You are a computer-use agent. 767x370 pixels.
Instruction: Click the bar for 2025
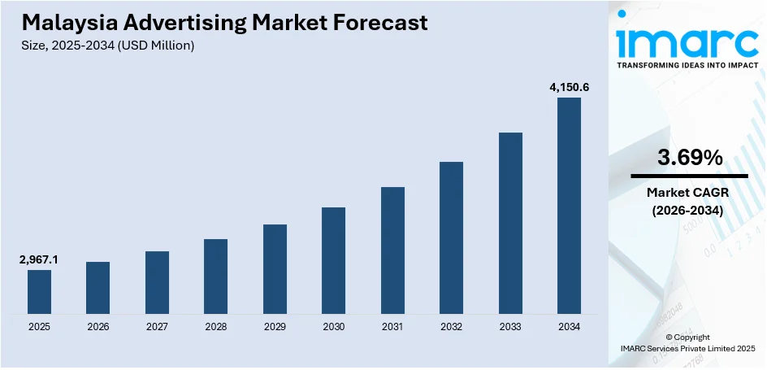[x=39, y=291]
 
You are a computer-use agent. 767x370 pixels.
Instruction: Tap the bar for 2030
[x=333, y=260]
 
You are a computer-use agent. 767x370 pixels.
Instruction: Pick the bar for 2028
[x=215, y=276]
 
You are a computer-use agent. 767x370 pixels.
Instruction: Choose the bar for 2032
[x=451, y=237]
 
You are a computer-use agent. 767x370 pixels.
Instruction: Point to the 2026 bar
[x=97, y=287]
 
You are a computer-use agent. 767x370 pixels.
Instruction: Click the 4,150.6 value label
[x=568, y=85]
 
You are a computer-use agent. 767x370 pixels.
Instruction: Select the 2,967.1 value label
[x=39, y=259]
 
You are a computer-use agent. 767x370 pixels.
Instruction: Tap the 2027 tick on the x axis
[x=157, y=327]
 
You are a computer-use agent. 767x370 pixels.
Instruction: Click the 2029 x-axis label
[x=275, y=327]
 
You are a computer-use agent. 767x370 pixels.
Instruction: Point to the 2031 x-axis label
[x=392, y=327]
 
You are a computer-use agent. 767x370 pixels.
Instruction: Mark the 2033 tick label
[x=510, y=327]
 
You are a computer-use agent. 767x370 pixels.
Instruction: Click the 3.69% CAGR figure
[x=689, y=159]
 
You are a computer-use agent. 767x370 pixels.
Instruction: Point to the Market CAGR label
[x=689, y=193]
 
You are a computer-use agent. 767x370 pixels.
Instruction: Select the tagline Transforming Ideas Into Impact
[x=687, y=65]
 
